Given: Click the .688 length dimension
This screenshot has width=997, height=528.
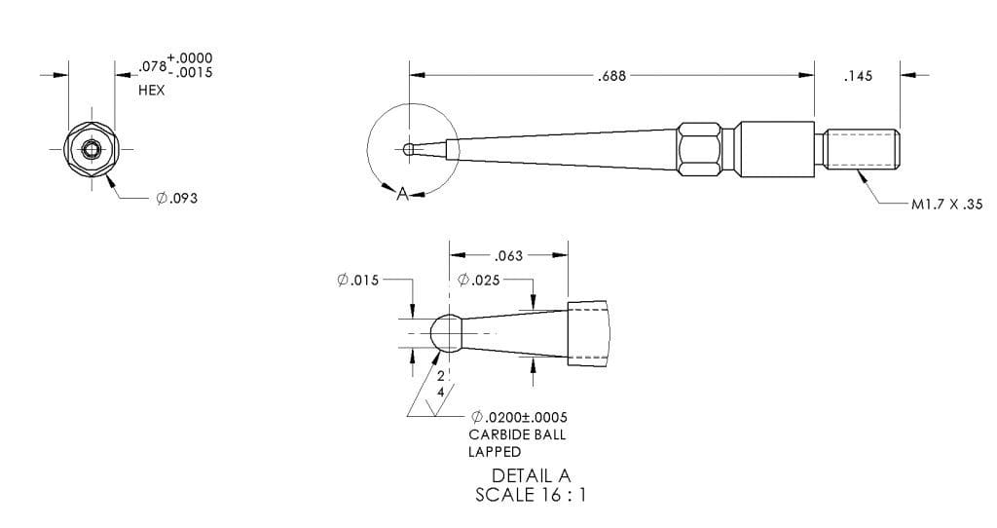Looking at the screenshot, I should pos(611,75).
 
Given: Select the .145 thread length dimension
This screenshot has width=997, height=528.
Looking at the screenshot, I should pos(858,75).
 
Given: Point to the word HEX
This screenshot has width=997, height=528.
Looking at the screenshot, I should pos(152,90).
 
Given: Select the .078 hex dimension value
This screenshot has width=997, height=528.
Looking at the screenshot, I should pos(152,66).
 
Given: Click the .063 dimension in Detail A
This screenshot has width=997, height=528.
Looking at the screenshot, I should pos(508,255).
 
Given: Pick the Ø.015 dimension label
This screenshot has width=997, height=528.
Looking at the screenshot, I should pos(357,280).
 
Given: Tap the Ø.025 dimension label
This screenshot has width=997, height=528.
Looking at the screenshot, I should pos(479,280).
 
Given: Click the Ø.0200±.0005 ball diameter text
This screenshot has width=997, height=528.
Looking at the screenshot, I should pos(518,417).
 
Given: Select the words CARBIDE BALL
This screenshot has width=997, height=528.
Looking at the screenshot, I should pos(516,434).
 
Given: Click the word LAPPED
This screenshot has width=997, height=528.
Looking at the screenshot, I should pos(495,452).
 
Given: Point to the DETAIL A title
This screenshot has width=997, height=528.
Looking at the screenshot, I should pos(531,475).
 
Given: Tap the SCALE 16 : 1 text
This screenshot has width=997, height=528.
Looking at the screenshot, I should pos(531,494).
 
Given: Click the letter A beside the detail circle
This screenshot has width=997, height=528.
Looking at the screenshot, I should pos(401,194).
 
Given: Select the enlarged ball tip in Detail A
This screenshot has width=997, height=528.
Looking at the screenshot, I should pos(445,333).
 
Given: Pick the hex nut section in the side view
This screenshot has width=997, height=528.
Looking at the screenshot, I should pos(701,149).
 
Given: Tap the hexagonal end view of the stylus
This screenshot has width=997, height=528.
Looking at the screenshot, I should pos(91,150).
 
